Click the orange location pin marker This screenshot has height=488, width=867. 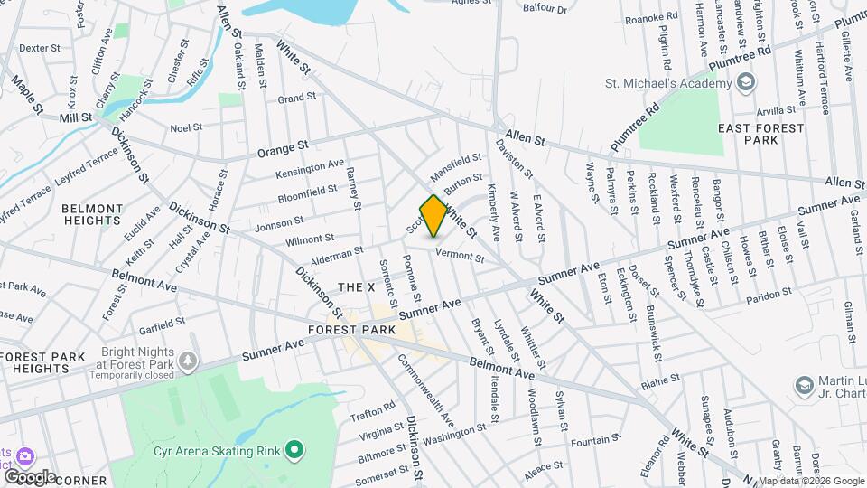pyautogui.click(x=433, y=215)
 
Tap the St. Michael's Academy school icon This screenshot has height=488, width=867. pyautogui.click(x=746, y=84)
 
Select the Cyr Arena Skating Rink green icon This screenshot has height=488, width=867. pyautogui.click(x=294, y=449)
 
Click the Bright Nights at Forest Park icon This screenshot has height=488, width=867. pyautogui.click(x=188, y=361)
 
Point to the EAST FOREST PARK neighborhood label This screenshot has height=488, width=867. pyautogui.click(x=760, y=135)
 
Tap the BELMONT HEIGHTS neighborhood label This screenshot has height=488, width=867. pyautogui.click(x=91, y=214)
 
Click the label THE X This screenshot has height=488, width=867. pyautogui.click(x=356, y=286)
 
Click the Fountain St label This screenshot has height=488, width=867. pyautogui.click(x=591, y=442)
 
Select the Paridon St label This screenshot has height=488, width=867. pyautogui.click(x=769, y=295)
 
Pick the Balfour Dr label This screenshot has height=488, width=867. pyautogui.click(x=546, y=10)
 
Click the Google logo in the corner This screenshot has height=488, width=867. pyautogui.click(x=29, y=476)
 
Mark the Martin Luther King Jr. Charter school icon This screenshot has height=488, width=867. pyautogui.click(x=802, y=386)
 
